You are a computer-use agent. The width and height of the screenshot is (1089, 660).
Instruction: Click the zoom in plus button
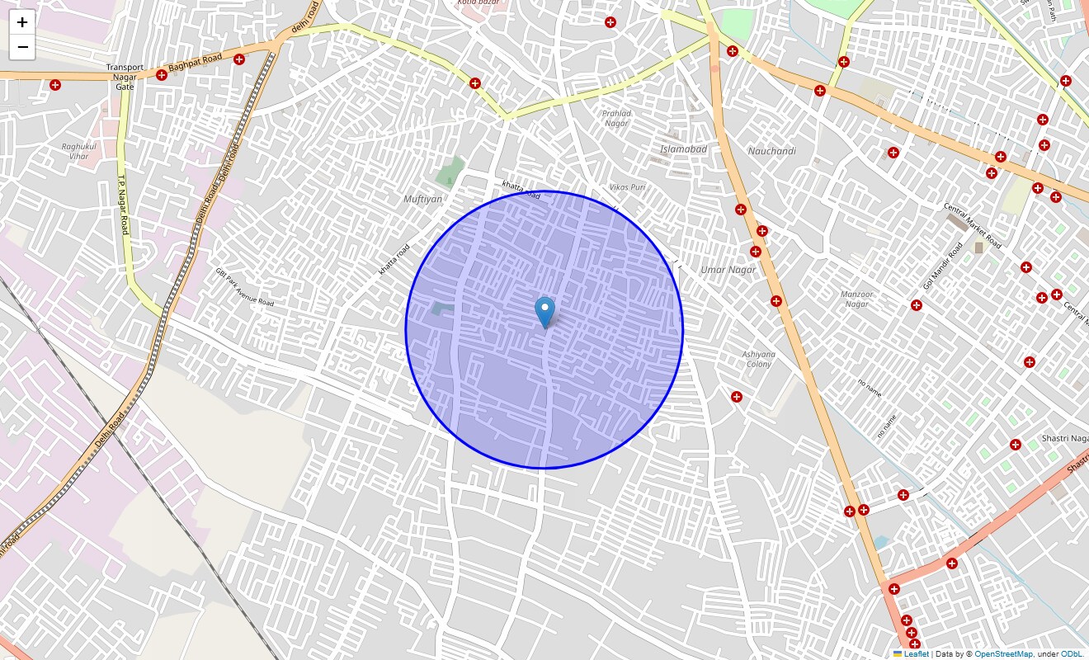pyautogui.click(x=22, y=22)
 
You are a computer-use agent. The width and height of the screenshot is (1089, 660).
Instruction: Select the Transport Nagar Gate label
pyautogui.click(x=125, y=77)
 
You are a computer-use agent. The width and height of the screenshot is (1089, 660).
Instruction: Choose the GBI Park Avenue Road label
pyautogui.click(x=244, y=286)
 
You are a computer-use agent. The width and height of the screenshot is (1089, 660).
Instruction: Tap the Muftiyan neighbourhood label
pyautogui.click(x=422, y=199)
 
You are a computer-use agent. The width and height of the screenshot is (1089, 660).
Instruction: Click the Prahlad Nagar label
pyautogui.click(x=616, y=118)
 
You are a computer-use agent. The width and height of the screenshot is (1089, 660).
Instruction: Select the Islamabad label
pyautogui.click(x=683, y=149)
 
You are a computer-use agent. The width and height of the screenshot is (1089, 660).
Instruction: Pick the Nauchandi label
pyautogui.click(x=771, y=151)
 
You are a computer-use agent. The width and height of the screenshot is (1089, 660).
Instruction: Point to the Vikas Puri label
pyautogui.click(x=627, y=187)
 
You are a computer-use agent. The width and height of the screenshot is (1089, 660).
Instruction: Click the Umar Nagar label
pyautogui.click(x=728, y=270)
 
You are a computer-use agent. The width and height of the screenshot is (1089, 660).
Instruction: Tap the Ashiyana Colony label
pyautogui.click(x=758, y=359)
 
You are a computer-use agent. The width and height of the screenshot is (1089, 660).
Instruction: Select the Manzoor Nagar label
pyautogui.click(x=856, y=299)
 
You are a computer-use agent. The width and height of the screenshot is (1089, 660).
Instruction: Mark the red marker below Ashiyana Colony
pyautogui.click(x=737, y=397)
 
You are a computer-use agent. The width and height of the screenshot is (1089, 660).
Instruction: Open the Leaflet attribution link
pyautogui.click(x=916, y=654)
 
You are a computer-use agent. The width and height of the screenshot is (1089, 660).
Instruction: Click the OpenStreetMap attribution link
pyautogui.click(x=1003, y=654)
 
